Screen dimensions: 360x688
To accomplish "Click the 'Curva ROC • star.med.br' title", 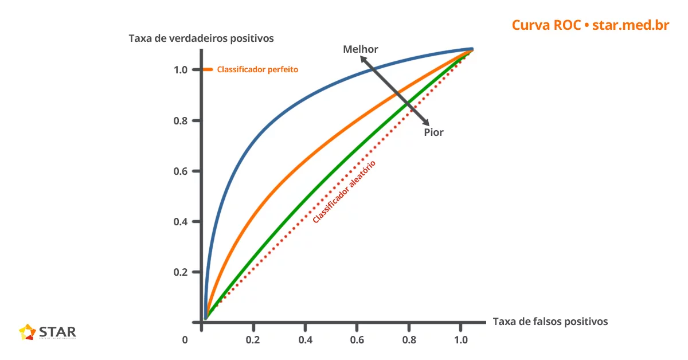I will click(590, 25).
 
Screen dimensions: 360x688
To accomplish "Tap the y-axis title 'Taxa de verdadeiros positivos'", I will click(201, 38).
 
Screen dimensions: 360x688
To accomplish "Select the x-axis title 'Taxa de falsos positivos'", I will click(550, 322).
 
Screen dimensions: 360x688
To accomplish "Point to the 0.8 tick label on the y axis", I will click(181, 121).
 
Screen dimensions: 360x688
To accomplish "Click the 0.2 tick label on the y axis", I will click(181, 272).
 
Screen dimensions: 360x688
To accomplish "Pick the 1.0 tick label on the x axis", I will click(460, 340).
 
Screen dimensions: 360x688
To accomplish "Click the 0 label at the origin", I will click(185, 340).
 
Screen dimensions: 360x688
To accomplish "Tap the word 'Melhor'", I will click(361, 49).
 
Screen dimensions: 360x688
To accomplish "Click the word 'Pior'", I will click(433, 132).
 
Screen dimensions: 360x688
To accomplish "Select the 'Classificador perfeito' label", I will click(257, 69).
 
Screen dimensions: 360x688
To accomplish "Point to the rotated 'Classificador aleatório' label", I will click(344, 191).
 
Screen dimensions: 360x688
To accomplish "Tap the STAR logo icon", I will click(27, 332).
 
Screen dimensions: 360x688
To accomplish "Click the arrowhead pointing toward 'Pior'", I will click(425, 122).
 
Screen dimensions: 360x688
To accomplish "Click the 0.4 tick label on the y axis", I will click(181, 222).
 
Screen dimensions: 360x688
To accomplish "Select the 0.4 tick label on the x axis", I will click(305, 340).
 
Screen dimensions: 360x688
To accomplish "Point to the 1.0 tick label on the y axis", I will click(181, 70).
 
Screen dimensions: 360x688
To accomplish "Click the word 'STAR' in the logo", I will click(57, 331).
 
